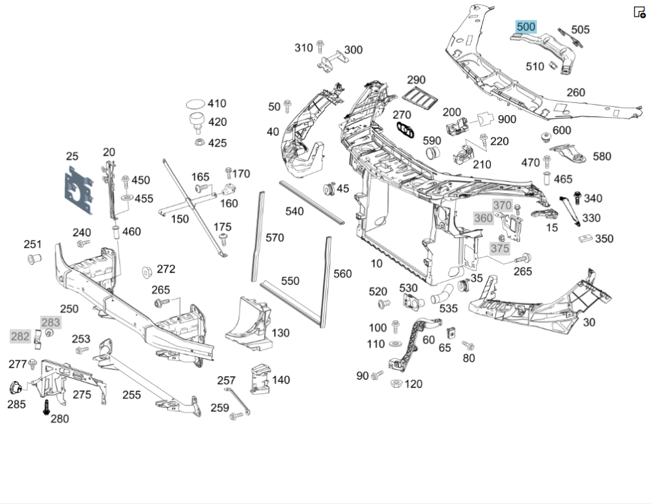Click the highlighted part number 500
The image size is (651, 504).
[x=525, y=27]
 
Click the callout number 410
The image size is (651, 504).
[x=217, y=103]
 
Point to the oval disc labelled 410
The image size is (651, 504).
[x=195, y=103]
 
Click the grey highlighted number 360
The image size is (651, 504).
[x=483, y=218]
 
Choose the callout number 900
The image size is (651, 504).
[x=507, y=119]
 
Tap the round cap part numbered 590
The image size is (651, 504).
[x=433, y=154]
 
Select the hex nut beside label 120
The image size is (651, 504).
[x=394, y=384]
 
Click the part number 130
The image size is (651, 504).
[x=281, y=333]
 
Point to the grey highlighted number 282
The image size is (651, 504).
[x=20, y=336]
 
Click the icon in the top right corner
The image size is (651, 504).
[x=639, y=12]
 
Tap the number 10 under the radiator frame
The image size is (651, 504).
[x=376, y=263]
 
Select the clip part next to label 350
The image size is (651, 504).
[x=585, y=237]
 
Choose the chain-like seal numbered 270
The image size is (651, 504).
[x=406, y=129]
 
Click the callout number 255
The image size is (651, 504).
[x=132, y=394]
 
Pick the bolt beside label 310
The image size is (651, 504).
[x=320, y=47]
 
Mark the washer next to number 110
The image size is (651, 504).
[x=395, y=343]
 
